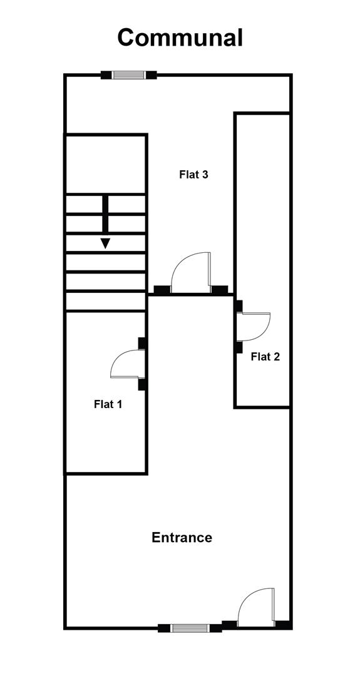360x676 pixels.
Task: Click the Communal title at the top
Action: point(180,38)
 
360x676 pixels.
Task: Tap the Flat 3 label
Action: point(193,175)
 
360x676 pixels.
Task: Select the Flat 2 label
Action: point(265,357)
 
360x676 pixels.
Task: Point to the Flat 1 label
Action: point(108,404)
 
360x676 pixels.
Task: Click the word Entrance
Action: point(182,538)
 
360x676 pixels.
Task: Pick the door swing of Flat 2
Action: point(254,327)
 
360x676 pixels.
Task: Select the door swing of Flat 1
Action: point(128,364)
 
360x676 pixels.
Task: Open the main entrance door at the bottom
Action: point(257,607)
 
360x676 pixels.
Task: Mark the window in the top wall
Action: point(128,75)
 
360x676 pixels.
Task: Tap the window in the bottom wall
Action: point(190,628)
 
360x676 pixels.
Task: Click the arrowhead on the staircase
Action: point(105,243)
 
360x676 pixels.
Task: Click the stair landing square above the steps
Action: point(106,164)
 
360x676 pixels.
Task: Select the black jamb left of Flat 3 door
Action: point(162,290)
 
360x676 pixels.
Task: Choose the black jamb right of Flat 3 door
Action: point(219,290)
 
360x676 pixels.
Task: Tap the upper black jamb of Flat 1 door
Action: point(142,343)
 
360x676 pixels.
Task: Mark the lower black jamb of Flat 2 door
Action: point(239,347)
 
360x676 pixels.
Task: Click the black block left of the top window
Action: point(106,75)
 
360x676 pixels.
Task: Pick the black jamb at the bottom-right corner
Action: point(283,625)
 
